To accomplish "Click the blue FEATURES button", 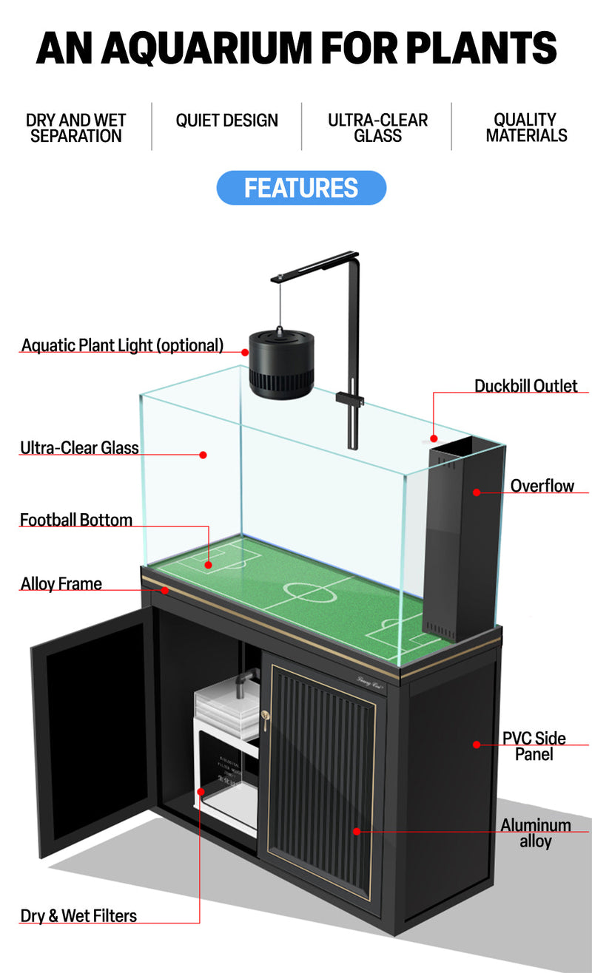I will tap(301, 188).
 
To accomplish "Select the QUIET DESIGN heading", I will tap(226, 121).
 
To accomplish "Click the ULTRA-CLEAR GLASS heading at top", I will tap(377, 128).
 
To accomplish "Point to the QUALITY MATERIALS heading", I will tap(526, 128).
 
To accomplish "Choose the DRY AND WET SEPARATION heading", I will tap(75, 128).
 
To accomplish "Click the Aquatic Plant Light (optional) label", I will tap(122, 345).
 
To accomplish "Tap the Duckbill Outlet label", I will tap(525, 386).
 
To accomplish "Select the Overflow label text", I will tap(542, 486).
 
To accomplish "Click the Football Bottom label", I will tap(76, 520).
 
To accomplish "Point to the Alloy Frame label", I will tap(61, 584).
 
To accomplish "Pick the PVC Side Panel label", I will tap(534, 746).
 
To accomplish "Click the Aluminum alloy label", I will tap(535, 833).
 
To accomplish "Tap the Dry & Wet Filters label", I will tap(78, 916).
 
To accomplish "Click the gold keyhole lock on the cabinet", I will tap(265, 716).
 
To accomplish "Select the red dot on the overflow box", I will tap(477, 492).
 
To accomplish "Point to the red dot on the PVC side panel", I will tap(477, 744).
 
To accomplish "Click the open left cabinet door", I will tap(92, 733).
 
